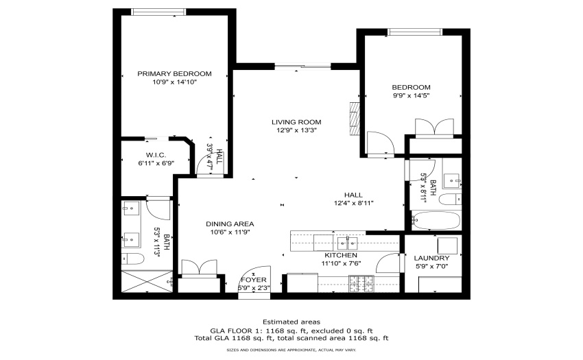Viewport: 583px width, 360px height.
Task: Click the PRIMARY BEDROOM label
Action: [174, 73]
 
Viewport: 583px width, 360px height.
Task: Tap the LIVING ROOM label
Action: [296, 122]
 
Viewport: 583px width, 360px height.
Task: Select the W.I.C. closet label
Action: [156, 155]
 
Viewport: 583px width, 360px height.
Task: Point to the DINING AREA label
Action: [230, 224]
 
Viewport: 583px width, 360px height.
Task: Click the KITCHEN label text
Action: [341, 255]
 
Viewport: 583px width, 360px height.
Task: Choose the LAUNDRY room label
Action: [431, 258]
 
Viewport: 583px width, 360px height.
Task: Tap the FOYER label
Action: [254, 280]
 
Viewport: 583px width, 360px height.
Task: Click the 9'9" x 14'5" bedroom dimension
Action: [412, 95]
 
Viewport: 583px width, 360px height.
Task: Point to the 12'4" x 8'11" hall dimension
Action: [354, 203]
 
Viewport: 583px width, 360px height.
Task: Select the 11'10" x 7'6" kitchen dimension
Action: [342, 264]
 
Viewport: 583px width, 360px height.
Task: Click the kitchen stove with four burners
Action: [361, 284]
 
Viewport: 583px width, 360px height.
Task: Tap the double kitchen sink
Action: [347, 243]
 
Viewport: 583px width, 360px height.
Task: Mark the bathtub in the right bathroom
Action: [436, 221]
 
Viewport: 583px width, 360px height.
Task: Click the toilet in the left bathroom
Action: [133, 259]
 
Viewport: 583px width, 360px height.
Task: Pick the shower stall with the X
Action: [147, 282]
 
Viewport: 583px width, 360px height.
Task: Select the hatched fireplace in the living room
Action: [355, 119]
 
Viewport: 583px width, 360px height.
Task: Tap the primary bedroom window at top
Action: [158, 12]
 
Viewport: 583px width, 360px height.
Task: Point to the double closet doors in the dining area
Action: [199, 267]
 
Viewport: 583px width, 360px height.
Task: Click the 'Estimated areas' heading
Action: [291, 322]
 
